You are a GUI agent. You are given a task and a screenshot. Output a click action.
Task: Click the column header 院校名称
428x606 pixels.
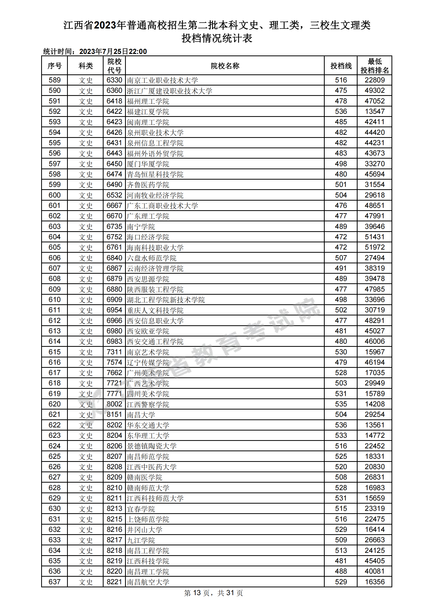click(x=225, y=66)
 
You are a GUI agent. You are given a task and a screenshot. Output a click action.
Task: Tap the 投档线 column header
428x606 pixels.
click(x=341, y=66)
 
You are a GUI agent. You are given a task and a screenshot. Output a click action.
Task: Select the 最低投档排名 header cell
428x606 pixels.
click(x=374, y=66)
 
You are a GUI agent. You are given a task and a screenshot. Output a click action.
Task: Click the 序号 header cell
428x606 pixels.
click(x=55, y=66)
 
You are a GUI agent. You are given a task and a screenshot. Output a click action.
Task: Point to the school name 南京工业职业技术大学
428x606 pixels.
click(x=162, y=80)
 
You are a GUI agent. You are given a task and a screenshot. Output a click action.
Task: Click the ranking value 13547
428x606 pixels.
click(x=374, y=111)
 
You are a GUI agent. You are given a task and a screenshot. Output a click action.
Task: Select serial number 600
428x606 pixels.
click(x=55, y=195)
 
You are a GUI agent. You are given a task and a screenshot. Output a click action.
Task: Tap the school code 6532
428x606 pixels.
click(x=114, y=195)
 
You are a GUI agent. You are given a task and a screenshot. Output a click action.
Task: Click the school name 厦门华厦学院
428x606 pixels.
click(x=148, y=164)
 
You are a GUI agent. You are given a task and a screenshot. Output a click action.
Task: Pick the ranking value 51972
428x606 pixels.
click(x=374, y=247)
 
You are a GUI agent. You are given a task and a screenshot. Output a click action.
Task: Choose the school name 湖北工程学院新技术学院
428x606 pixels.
click(x=166, y=300)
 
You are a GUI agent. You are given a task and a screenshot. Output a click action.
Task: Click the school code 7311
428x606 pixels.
click(x=114, y=352)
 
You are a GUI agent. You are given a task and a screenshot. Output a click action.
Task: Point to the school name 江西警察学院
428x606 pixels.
click(x=148, y=404)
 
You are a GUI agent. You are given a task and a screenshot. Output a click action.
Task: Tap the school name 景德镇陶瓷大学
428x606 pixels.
click(x=151, y=446)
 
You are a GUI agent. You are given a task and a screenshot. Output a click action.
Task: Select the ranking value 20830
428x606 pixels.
click(x=374, y=467)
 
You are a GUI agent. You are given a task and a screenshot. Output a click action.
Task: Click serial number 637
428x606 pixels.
click(x=55, y=582)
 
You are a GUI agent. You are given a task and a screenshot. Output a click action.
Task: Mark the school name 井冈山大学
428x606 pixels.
click(x=144, y=530)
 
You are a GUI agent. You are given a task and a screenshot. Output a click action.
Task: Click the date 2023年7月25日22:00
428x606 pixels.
click(x=113, y=52)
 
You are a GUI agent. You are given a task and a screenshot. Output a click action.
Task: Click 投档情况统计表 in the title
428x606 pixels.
click(x=217, y=39)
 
